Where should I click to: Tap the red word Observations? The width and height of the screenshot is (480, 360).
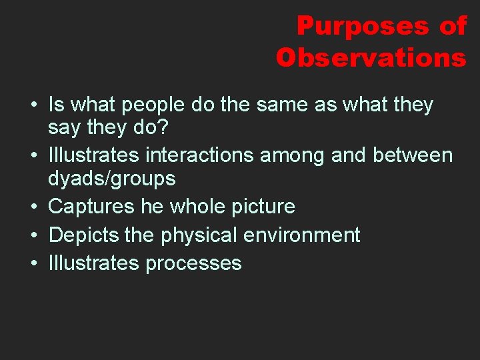coord(371,58)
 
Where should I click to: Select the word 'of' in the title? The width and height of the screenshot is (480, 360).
coord(453,26)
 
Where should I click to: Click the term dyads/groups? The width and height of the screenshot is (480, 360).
coord(111,179)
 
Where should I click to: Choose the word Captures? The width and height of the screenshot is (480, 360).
coord(91,207)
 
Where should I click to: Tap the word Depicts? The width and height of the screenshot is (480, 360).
coord(83,235)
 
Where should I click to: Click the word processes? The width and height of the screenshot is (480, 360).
coord(193,263)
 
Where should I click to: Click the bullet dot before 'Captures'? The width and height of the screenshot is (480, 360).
coord(33,207)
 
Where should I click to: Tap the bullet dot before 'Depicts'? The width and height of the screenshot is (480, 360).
coord(33,235)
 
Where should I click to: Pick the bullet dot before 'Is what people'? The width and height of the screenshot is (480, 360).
coord(33,105)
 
